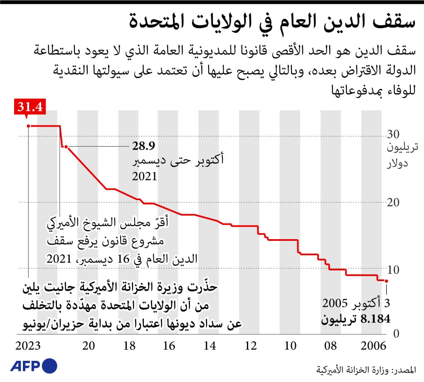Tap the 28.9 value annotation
tap(141, 146)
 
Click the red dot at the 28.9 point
tap(66, 147)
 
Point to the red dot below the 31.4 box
tap(28, 125)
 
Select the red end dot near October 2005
tap(386, 281)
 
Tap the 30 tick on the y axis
tap(393, 135)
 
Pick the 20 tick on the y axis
tap(393, 202)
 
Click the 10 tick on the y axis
tap(393, 269)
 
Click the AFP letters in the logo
tap(24, 366)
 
